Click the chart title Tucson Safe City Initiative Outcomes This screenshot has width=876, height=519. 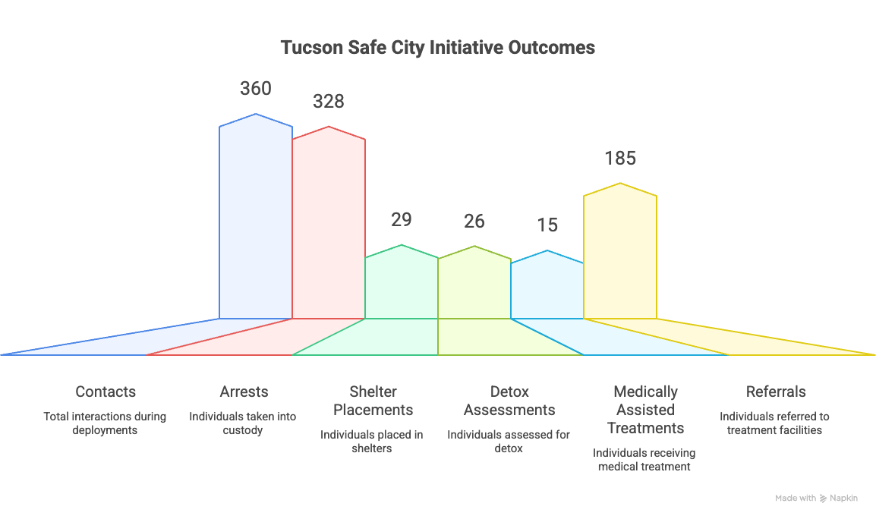pyautogui.click(x=438, y=47)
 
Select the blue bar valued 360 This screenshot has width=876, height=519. pyautogui.click(x=256, y=220)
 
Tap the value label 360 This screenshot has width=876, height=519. pyautogui.click(x=256, y=89)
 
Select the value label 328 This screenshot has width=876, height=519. pyautogui.click(x=329, y=102)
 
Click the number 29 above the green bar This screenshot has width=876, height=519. pyautogui.click(x=402, y=220)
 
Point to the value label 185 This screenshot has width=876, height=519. pyautogui.click(x=620, y=159)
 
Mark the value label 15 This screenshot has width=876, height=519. pyautogui.click(x=547, y=225)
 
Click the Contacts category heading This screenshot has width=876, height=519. pyautogui.click(x=106, y=392)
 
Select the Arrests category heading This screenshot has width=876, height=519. pyautogui.click(x=244, y=392)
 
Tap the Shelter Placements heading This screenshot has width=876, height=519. pyautogui.click(x=373, y=401)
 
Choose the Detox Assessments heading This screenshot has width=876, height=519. pyautogui.click(x=509, y=401)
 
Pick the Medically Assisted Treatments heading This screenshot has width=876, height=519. pyautogui.click(x=645, y=410)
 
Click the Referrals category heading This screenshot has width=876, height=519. pyautogui.click(x=776, y=392)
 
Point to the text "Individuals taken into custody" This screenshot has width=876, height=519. pyautogui.click(x=243, y=423)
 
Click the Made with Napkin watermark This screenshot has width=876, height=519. pyautogui.click(x=816, y=499)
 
